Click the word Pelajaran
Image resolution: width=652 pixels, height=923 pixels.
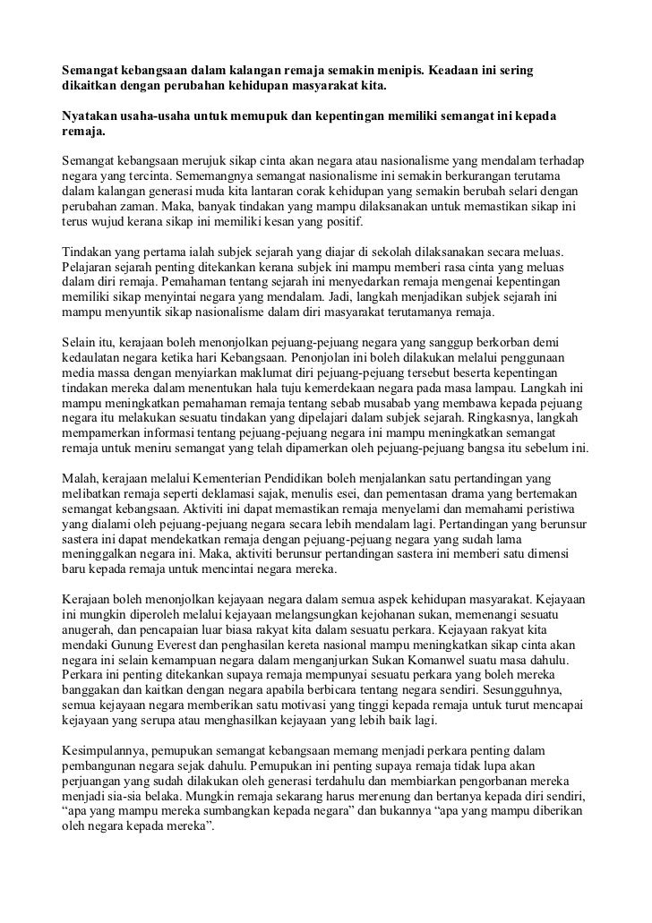click(89, 266)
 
